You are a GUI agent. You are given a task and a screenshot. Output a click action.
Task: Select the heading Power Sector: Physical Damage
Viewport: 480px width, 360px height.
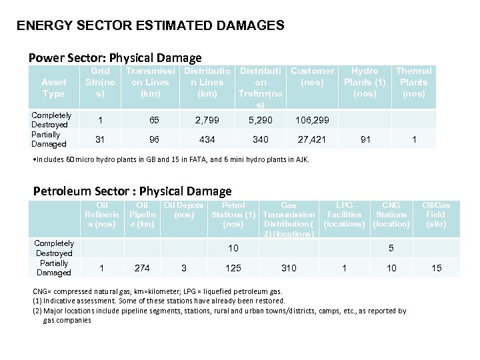(115, 58)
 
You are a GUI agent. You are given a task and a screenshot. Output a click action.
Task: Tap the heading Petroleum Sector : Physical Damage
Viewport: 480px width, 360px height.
(133, 191)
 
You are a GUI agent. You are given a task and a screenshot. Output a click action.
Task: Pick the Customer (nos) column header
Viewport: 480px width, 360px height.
(312, 77)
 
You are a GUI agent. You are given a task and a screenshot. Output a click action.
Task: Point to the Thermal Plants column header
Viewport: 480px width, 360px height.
(413, 82)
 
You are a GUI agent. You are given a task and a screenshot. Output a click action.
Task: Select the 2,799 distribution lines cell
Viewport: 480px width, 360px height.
(207, 120)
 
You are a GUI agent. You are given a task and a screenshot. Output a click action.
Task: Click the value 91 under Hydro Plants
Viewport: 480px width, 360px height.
(365, 139)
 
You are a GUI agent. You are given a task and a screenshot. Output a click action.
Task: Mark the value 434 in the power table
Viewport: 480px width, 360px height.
(207, 139)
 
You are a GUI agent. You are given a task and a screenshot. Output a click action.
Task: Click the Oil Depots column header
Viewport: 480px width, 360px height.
(183, 210)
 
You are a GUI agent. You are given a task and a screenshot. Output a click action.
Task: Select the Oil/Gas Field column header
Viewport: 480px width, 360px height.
(436, 215)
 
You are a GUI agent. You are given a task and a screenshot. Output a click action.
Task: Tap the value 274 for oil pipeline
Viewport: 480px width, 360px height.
(142, 268)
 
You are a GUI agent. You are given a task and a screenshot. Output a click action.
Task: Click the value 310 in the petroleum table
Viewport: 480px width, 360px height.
(289, 268)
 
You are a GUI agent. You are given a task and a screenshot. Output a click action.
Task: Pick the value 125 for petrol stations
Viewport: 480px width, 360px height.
(233, 268)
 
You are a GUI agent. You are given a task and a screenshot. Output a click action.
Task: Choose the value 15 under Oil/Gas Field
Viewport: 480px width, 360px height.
(436, 268)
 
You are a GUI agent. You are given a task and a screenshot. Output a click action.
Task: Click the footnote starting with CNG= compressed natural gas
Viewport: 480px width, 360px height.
(158, 291)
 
